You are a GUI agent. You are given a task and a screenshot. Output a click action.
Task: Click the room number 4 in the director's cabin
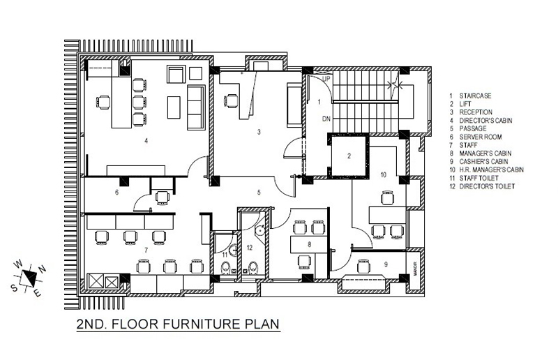click(x=146, y=141)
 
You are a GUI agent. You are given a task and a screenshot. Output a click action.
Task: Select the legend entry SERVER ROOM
click(x=481, y=137)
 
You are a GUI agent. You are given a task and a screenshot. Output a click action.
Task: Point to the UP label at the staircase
click(x=326, y=79)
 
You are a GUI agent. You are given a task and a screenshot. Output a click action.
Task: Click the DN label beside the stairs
click(x=326, y=119)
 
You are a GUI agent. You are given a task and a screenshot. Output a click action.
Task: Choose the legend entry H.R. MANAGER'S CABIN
click(x=492, y=170)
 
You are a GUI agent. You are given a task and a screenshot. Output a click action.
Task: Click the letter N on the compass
click(x=43, y=269)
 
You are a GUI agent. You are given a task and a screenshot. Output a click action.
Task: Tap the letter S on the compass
click(x=14, y=287)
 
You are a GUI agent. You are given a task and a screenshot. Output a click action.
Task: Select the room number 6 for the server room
click(x=116, y=193)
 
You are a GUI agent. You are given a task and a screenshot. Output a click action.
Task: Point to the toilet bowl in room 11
click(x=225, y=268)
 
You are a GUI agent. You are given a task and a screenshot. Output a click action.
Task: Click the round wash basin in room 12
click(x=260, y=230)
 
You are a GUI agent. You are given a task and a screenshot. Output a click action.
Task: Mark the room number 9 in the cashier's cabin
click(x=386, y=264)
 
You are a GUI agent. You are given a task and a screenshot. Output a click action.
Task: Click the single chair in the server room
click(x=163, y=198)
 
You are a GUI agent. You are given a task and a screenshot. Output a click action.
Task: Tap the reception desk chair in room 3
click(x=231, y=100)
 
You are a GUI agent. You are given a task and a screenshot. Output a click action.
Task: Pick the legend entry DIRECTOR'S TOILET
click(x=487, y=186)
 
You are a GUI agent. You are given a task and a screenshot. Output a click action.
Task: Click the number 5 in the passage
click(x=259, y=193)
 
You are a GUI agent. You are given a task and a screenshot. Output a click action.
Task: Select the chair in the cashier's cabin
click(x=363, y=266)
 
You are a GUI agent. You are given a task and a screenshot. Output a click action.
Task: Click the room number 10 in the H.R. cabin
click(x=383, y=175)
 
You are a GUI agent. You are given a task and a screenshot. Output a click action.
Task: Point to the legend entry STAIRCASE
click(x=476, y=96)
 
